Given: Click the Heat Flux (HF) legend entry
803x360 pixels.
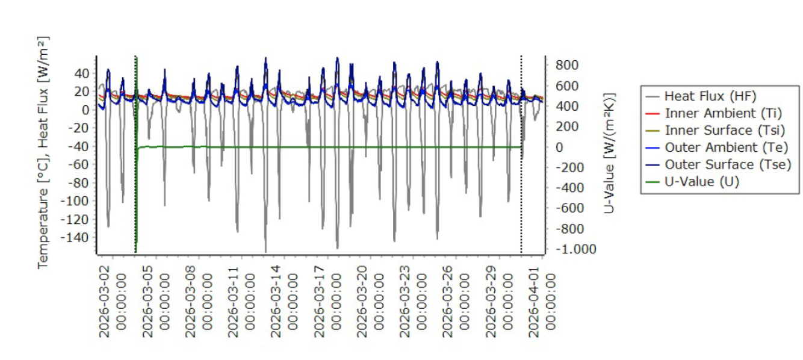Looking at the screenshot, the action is (701, 96).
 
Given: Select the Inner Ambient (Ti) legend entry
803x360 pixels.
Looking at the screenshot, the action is (713, 113).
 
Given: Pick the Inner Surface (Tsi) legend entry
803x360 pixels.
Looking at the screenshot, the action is (715, 131).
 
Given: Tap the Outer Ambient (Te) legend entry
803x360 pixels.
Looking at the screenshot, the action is (716, 147).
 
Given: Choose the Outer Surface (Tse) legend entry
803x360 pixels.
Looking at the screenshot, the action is (718, 164).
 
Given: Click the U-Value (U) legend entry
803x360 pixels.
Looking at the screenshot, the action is (692, 182).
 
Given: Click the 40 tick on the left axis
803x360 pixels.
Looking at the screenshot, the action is (82, 73).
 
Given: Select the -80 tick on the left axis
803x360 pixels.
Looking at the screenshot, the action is (78, 183).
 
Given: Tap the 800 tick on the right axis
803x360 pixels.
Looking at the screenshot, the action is (567, 65).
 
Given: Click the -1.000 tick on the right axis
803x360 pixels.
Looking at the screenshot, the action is (576, 249).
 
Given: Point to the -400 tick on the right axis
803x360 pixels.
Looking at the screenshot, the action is (570, 188).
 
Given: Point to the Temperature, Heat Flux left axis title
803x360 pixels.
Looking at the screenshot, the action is (43, 152).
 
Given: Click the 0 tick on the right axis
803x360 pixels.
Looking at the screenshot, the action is (559, 147).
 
